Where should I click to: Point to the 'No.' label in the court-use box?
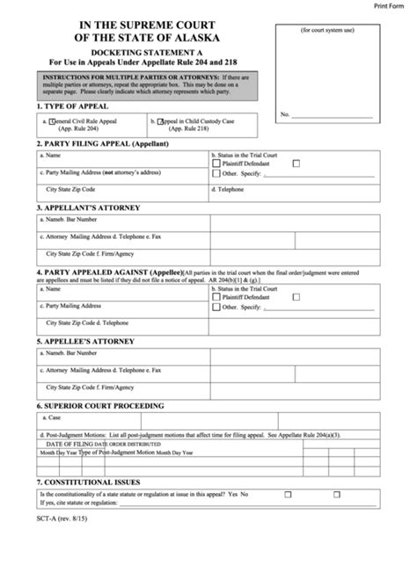coord(284,114)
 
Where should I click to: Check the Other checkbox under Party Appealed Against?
coord(217,306)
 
